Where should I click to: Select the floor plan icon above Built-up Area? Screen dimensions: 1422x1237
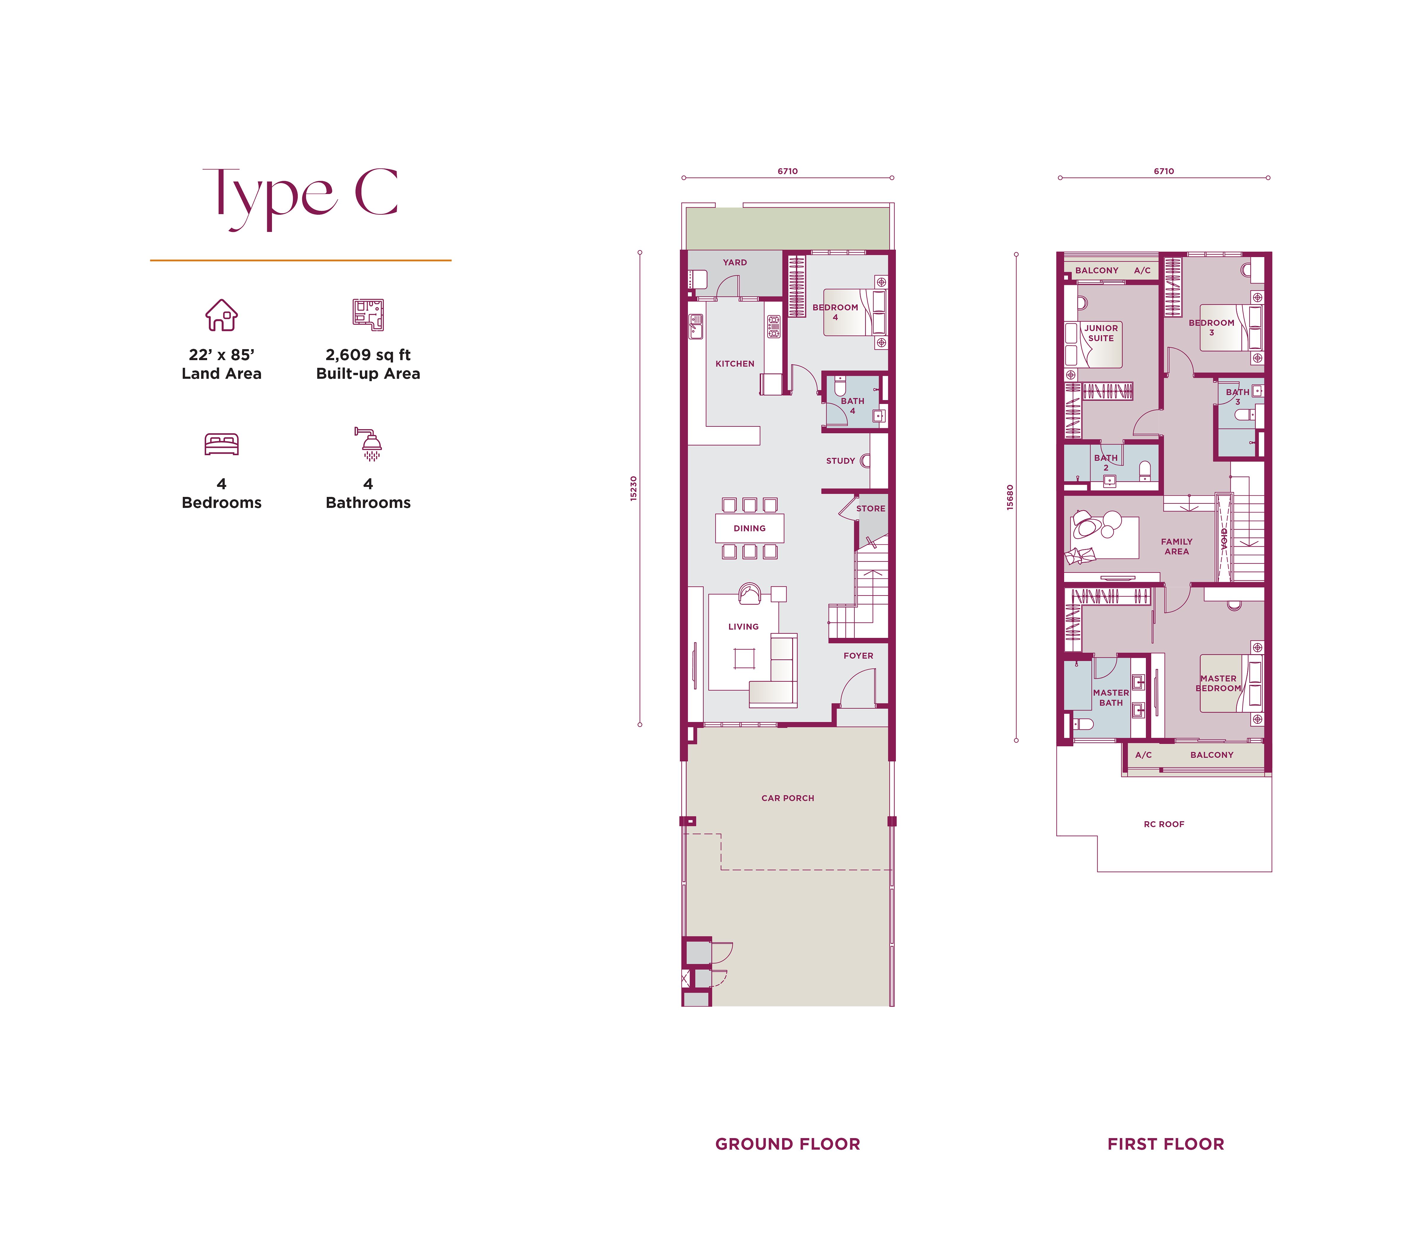368,315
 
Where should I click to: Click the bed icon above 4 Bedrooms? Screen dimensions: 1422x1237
222,444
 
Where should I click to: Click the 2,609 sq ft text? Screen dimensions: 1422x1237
368,355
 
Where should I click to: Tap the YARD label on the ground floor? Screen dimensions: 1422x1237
735,262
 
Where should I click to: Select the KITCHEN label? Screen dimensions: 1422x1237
735,364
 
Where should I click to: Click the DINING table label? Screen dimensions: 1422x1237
749,528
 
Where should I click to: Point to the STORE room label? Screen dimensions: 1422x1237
870,509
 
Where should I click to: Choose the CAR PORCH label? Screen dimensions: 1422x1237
787,798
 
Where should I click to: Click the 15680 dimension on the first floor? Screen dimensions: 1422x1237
1010,497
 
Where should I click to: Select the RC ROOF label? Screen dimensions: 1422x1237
1164,824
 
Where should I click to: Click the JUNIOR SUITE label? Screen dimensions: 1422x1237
1101,333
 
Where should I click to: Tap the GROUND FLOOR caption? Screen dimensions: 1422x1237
787,1144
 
